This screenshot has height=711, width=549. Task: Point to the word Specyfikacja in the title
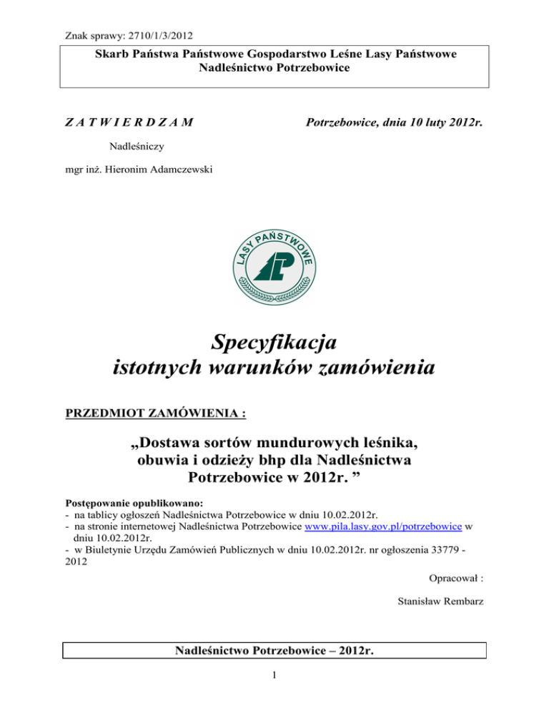coord(274,338)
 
